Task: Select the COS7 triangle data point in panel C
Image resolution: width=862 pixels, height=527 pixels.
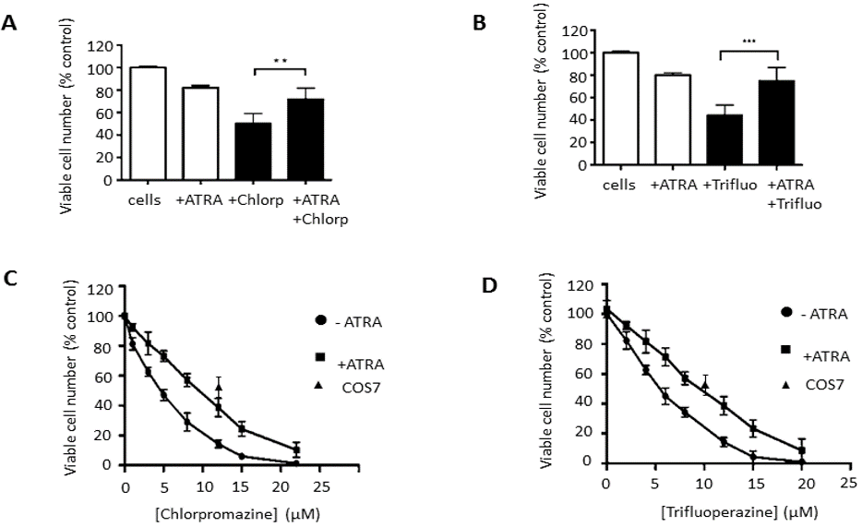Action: pyautogui.click(x=219, y=386)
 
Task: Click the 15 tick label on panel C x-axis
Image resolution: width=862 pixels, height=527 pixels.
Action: pyautogui.click(x=243, y=481)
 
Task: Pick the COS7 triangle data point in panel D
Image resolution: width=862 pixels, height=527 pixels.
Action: pyautogui.click(x=704, y=385)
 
